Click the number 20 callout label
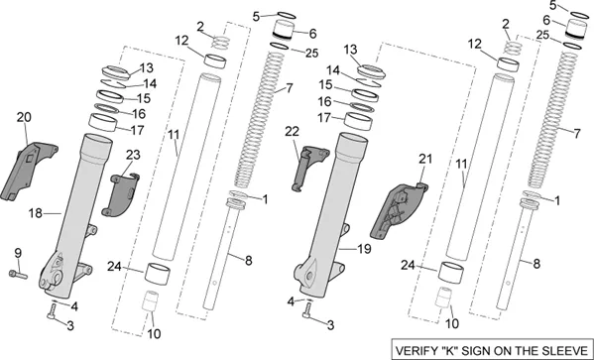pyautogui.click(x=24, y=117)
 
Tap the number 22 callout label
pyautogui.click(x=293, y=132)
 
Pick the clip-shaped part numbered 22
pyautogui.click(x=308, y=168)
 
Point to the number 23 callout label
pyautogui.click(x=133, y=155)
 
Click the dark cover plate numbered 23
pyautogui.click(x=120, y=195)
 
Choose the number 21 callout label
pyautogui.click(x=424, y=159)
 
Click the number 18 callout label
pyautogui.click(x=36, y=214)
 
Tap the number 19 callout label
pyautogui.click(x=364, y=249)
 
